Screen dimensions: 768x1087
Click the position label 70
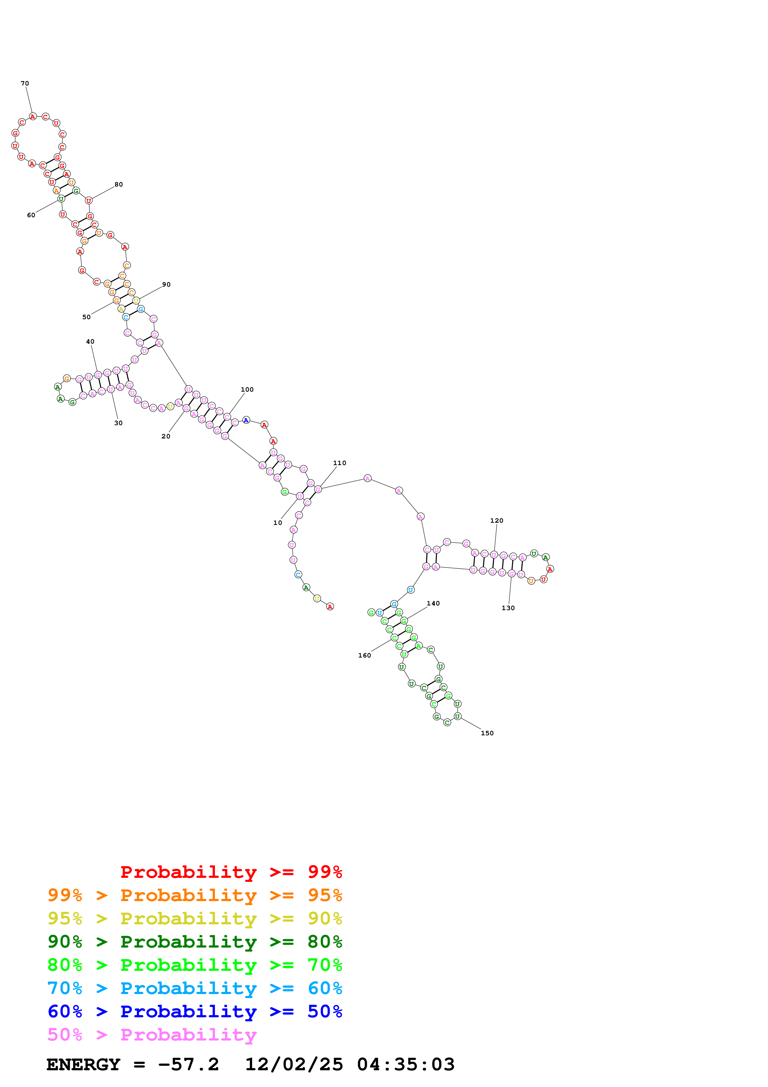click(x=24, y=84)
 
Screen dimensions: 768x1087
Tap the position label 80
click(x=119, y=185)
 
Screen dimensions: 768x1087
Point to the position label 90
click(x=166, y=284)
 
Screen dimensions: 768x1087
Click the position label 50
click(x=87, y=317)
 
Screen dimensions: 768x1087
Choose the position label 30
click(x=118, y=423)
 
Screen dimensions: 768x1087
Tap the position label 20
click(x=166, y=437)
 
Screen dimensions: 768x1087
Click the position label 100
click(x=247, y=389)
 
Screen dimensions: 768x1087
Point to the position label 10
click(x=278, y=523)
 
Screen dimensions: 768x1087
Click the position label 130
click(x=508, y=608)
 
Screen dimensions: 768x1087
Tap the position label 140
click(x=433, y=604)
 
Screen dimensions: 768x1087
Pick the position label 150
click(x=487, y=733)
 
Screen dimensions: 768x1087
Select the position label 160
click(x=364, y=656)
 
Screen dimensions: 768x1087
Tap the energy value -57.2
click(x=188, y=1065)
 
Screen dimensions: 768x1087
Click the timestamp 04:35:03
click(x=406, y=1065)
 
